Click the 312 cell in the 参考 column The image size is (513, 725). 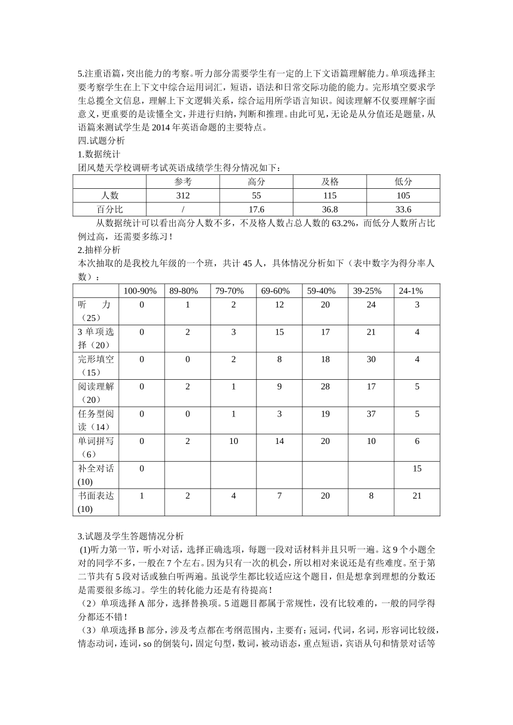point(183,196)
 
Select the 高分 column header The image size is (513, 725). point(256,182)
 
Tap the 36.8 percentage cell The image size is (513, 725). point(329,210)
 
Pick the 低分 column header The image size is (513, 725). point(403,182)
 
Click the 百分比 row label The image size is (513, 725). point(110,210)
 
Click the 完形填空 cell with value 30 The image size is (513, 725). point(371,359)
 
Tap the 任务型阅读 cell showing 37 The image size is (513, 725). point(371,414)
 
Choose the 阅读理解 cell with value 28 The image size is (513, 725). point(325,387)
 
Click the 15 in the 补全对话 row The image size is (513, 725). point(417,469)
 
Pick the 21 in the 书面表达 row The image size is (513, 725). point(417,496)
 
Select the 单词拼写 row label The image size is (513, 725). point(96,447)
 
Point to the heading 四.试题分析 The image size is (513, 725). point(102,140)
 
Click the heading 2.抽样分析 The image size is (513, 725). point(99,250)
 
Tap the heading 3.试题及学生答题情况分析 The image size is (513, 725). point(131,537)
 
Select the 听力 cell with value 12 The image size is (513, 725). point(279,305)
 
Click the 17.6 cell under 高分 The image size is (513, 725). point(256,210)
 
